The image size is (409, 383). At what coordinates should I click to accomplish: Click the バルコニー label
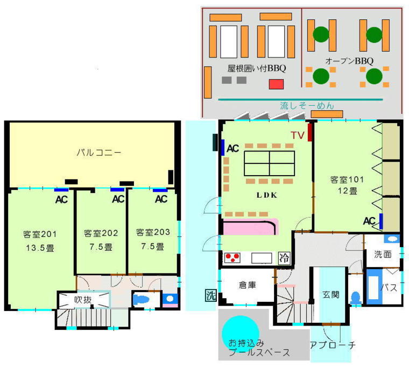(97, 153)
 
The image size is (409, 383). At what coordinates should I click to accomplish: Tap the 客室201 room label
(40, 234)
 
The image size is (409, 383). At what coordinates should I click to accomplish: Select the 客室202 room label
(101, 234)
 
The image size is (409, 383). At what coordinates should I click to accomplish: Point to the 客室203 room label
(153, 233)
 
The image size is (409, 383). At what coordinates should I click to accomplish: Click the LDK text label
(267, 195)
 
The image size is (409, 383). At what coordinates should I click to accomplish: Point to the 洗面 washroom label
(384, 254)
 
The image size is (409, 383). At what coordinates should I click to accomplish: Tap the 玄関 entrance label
(330, 295)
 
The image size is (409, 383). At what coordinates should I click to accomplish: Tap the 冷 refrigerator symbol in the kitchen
(283, 258)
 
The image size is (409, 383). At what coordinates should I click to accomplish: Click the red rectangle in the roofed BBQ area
(276, 84)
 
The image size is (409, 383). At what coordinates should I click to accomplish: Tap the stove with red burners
(232, 258)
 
